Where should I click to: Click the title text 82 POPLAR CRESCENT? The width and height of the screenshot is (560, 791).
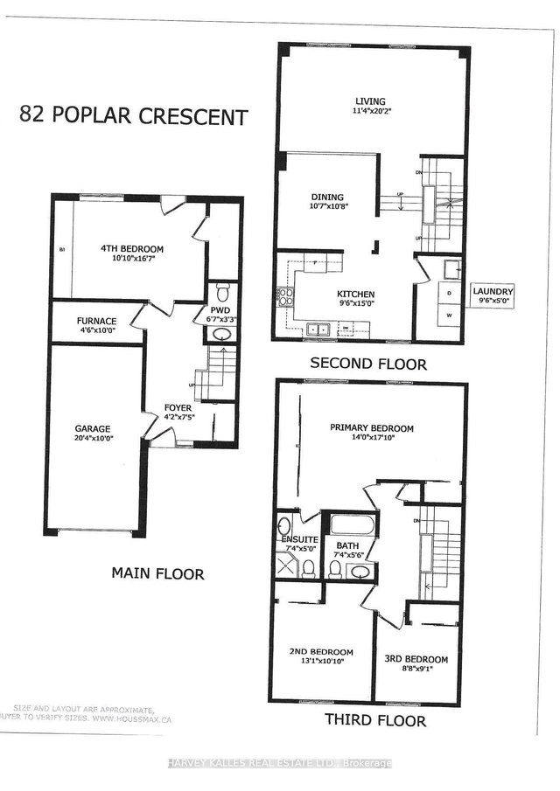pos(133,117)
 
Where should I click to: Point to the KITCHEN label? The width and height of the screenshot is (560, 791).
pos(357,295)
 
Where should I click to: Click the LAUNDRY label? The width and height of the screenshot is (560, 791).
pos(492,292)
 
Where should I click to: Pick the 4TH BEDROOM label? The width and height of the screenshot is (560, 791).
pos(132,249)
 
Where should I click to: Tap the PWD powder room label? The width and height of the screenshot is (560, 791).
pos(220,309)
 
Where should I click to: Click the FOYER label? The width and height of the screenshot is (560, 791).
pos(178,407)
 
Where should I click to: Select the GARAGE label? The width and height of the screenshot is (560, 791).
pos(92,428)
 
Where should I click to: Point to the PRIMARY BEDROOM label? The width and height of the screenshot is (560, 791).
pos(372,428)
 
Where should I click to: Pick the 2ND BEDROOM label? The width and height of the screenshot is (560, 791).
pos(321,652)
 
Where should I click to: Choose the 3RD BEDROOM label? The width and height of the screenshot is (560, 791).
pos(416,659)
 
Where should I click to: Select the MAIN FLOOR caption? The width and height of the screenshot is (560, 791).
pos(157,574)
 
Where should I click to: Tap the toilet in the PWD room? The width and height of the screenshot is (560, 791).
pos(221,290)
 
